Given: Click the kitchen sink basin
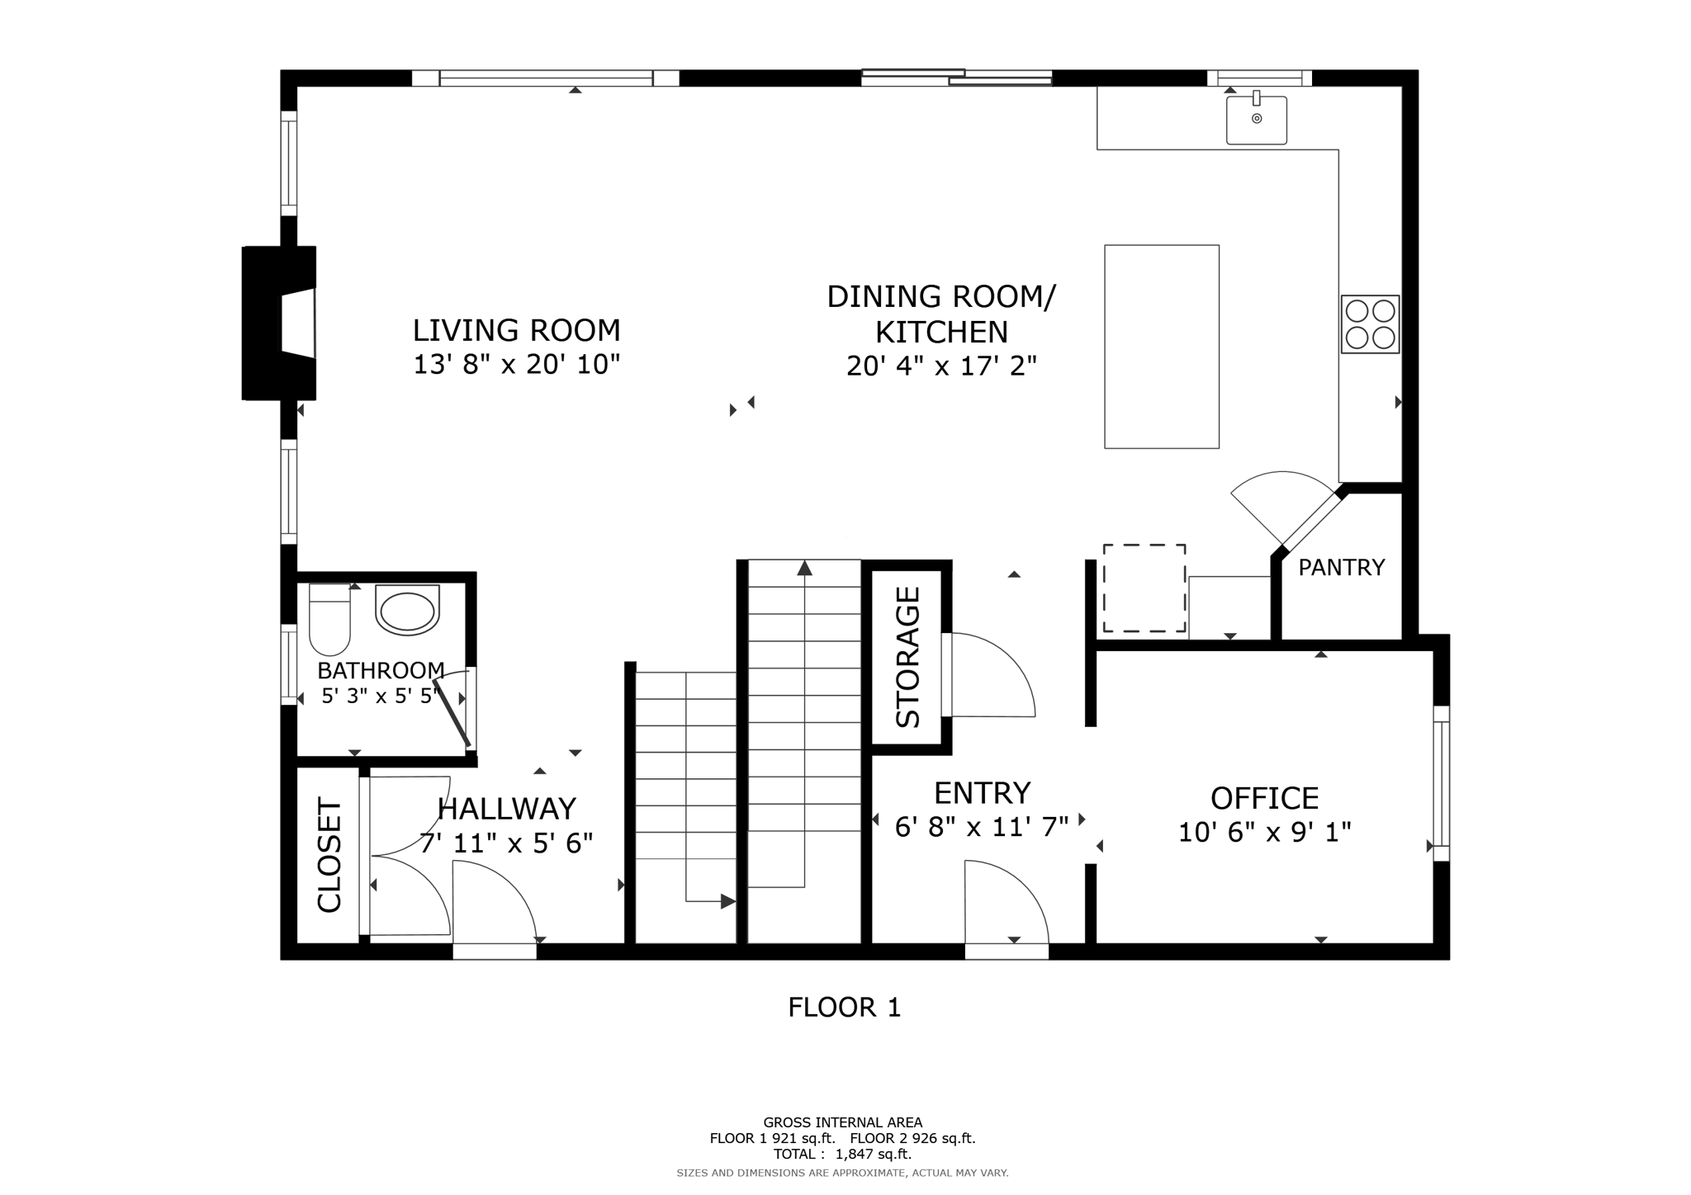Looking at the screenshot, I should click(x=1256, y=120).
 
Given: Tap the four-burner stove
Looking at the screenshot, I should click(x=1370, y=324).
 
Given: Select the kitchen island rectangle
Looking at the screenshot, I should click(x=1161, y=347).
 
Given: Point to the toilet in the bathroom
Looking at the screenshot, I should click(x=329, y=619).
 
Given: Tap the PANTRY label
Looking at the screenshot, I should click(x=1341, y=568).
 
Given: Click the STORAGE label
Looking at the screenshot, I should click(x=907, y=657).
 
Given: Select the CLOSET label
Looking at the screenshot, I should click(x=329, y=855).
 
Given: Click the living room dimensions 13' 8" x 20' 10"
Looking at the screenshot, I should click(x=516, y=364).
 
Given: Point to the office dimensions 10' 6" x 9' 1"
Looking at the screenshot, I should click(x=1264, y=832).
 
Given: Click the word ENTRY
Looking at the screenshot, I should click(x=982, y=793).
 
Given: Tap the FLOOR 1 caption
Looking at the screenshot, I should click(x=844, y=1008).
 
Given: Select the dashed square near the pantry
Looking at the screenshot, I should click(x=1144, y=588).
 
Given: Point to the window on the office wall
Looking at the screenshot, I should click(x=1441, y=783).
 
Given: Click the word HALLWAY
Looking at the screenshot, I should click(x=506, y=809).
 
